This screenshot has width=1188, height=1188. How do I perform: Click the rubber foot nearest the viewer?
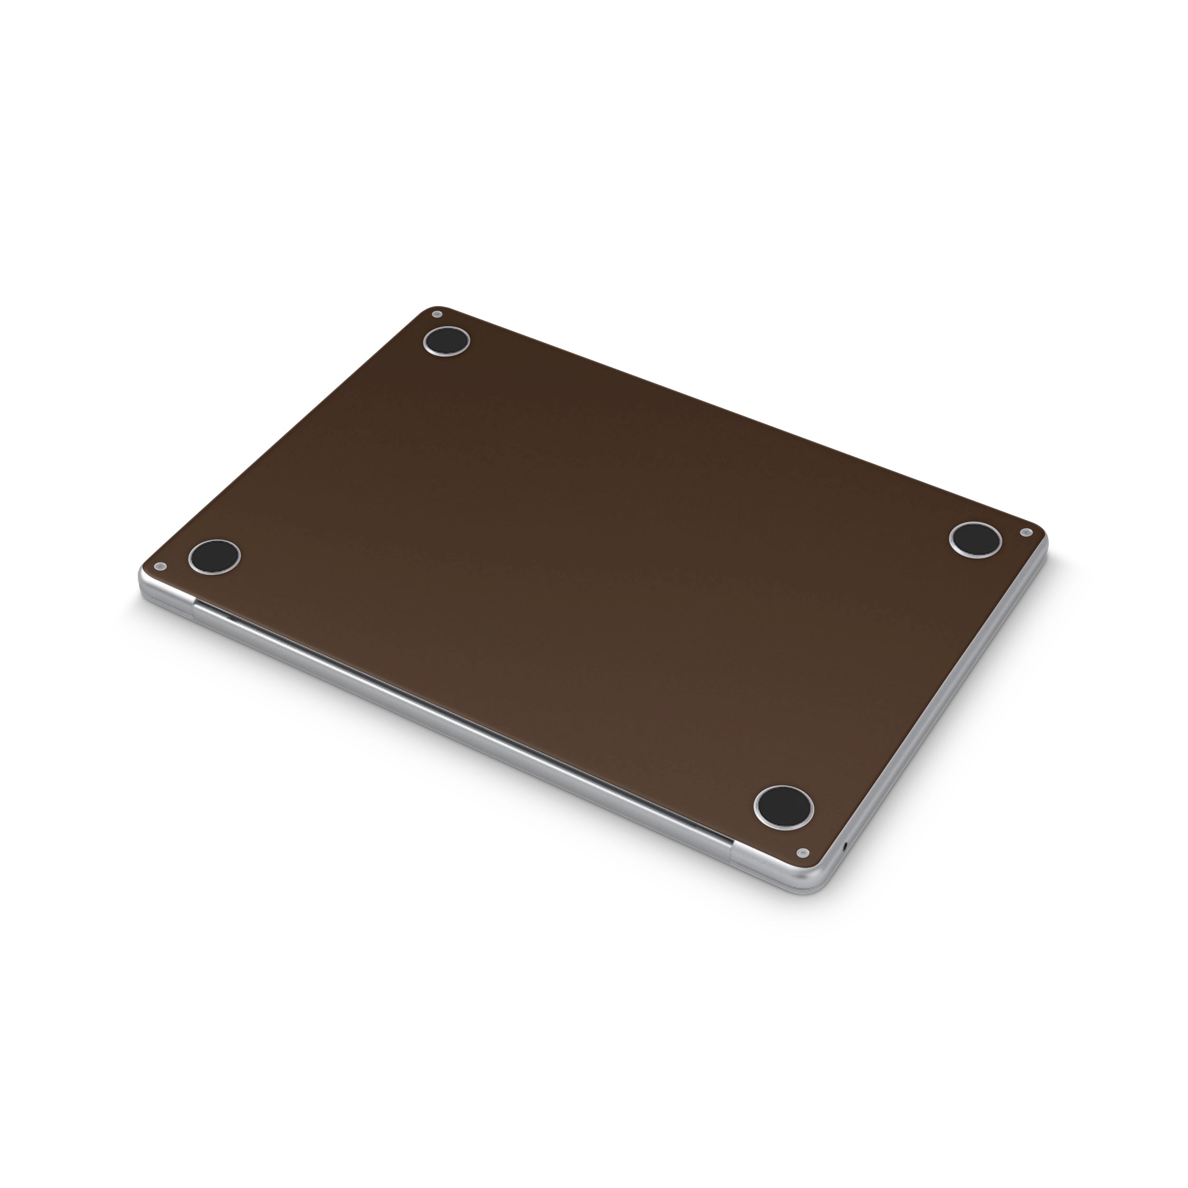(784, 806)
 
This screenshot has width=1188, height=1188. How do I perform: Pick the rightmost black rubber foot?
(975, 539)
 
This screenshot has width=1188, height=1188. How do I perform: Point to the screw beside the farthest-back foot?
(437, 314)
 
